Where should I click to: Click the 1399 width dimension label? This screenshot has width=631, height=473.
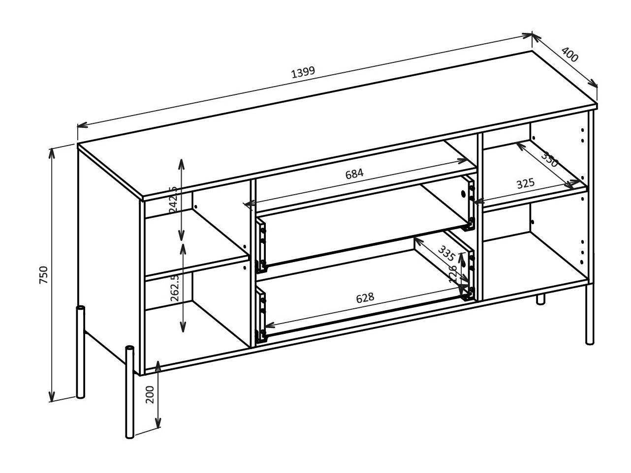303,72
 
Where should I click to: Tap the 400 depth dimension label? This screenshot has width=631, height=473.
569,55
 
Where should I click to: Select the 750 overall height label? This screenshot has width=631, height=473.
44,275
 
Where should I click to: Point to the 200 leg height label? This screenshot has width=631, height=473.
150,394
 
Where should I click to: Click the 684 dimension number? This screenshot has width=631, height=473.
354,174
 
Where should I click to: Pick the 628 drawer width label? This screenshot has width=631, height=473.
365,298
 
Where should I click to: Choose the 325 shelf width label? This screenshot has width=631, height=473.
525,184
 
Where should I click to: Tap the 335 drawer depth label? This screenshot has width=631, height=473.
446,253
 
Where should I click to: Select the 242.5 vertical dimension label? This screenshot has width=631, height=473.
173,199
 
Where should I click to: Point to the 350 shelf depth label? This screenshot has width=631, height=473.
550,159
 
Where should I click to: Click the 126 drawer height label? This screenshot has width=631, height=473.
453,273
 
